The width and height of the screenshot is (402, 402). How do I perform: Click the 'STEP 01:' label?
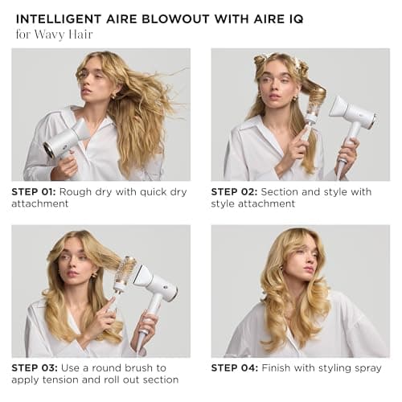(35, 191)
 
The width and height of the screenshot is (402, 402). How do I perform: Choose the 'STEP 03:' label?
(35, 367)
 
